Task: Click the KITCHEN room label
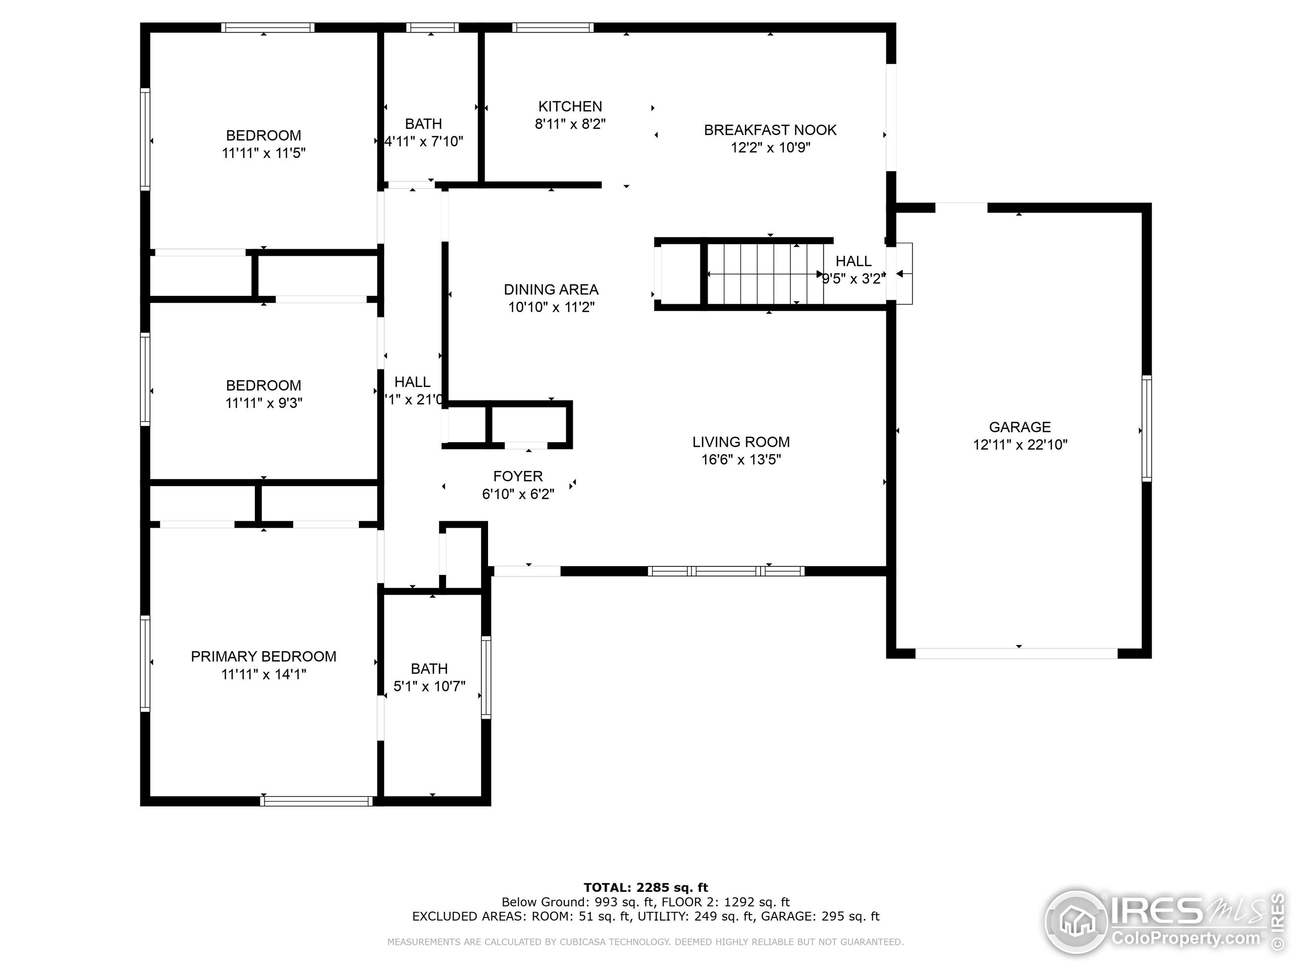(570, 106)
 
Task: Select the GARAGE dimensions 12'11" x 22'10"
(1020, 445)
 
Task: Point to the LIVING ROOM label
(740, 442)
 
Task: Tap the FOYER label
(517, 476)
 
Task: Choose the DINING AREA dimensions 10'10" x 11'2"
(551, 307)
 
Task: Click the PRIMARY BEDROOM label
(263, 656)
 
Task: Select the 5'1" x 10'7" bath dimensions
(429, 686)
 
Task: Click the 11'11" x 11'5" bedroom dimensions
(263, 153)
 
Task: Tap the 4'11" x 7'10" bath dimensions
(424, 141)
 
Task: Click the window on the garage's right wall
(1147, 428)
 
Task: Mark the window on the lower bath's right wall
(486, 677)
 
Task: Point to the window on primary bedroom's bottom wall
(316, 801)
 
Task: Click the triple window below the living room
(726, 571)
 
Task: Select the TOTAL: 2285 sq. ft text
(645, 888)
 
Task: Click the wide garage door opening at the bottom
(1016, 653)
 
